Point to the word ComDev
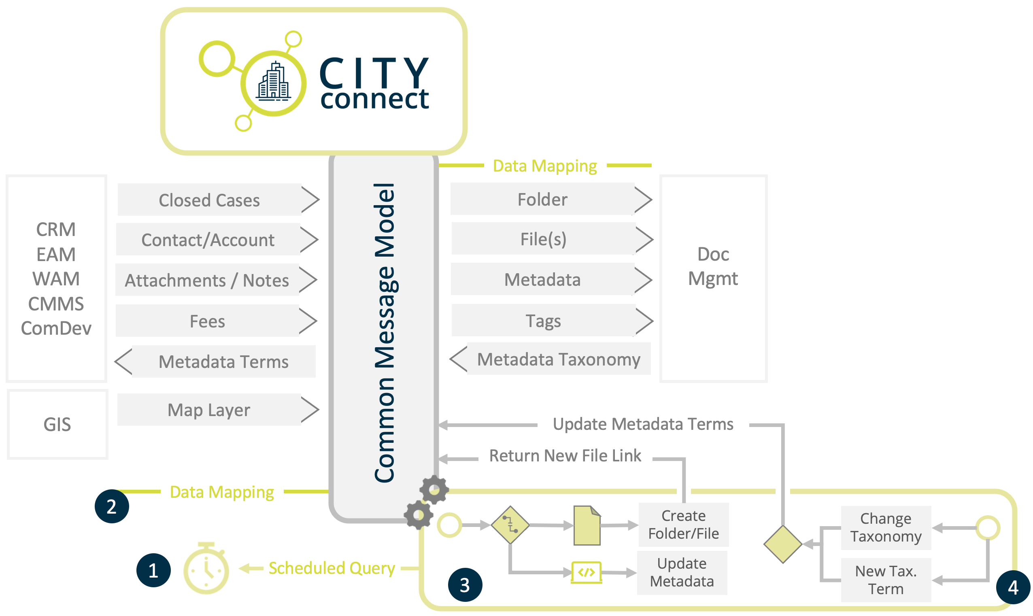point(56,329)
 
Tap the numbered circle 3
point(465,585)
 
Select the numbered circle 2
point(112,507)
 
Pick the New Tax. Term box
point(886,580)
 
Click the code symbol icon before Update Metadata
point(586,573)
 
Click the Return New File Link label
point(565,456)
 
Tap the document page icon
point(587,526)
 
